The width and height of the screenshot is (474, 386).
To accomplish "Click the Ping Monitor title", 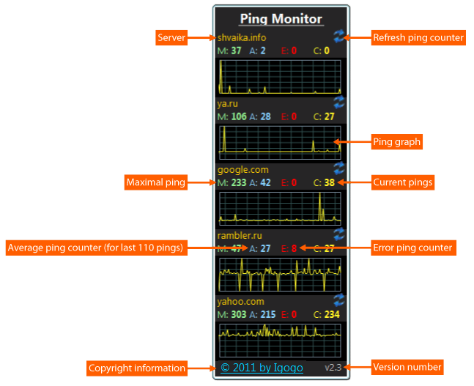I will click(x=281, y=18).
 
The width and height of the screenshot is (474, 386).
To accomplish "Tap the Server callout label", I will click(x=171, y=37).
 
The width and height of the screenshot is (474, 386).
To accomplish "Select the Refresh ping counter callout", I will click(x=418, y=37).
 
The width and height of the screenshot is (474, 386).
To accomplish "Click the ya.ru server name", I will click(x=228, y=104).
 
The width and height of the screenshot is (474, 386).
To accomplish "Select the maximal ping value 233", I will click(x=239, y=183).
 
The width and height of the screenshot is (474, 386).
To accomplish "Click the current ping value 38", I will click(x=330, y=183).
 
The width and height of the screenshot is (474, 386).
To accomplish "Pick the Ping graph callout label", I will click(x=396, y=142).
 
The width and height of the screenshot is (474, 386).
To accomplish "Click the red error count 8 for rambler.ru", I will click(x=294, y=248).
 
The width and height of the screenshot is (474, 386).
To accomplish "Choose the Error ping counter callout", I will click(x=412, y=248).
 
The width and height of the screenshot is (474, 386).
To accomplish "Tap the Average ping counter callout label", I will click(x=95, y=248).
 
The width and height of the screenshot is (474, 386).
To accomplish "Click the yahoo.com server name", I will click(x=240, y=301).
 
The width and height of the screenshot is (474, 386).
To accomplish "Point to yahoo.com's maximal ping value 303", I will click(x=239, y=314).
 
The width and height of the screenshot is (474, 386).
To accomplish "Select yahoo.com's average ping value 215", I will click(x=267, y=314).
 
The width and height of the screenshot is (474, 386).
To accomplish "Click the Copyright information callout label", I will click(x=136, y=368).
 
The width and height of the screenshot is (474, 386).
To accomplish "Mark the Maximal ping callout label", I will click(x=155, y=182).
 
